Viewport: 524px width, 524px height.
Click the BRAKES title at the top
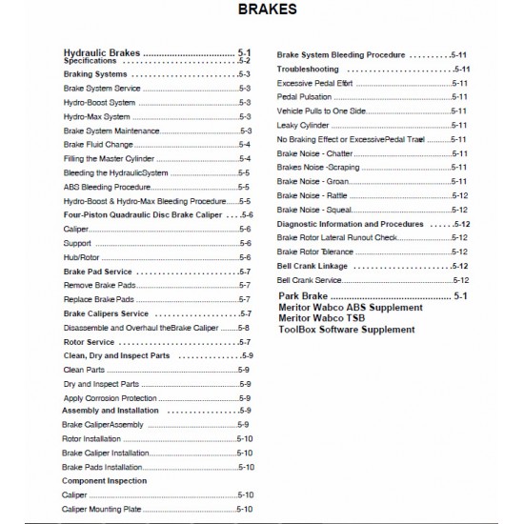pyautogui.click(x=262, y=12)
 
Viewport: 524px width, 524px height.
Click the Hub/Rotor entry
pyautogui.click(x=77, y=257)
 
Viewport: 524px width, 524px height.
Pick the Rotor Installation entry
pyautogui.click(x=91, y=438)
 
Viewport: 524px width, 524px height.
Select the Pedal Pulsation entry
pyautogui.click(x=305, y=97)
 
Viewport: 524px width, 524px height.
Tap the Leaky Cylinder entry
pyautogui.click(x=305, y=125)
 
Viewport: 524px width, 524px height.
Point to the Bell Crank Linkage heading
pyautogui.click(x=315, y=265)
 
